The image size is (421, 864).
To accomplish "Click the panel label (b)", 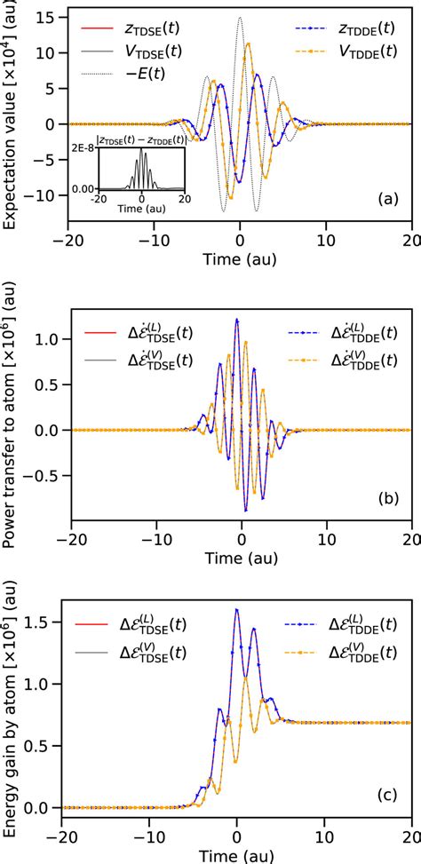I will tap(388, 498).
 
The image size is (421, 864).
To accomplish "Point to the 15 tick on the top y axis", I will tap(52, 17).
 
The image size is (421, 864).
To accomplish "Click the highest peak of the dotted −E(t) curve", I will tap(240, 18).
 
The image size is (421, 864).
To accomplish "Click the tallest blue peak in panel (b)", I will tap(237, 319).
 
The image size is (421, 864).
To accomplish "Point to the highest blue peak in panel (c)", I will tap(236, 609).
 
